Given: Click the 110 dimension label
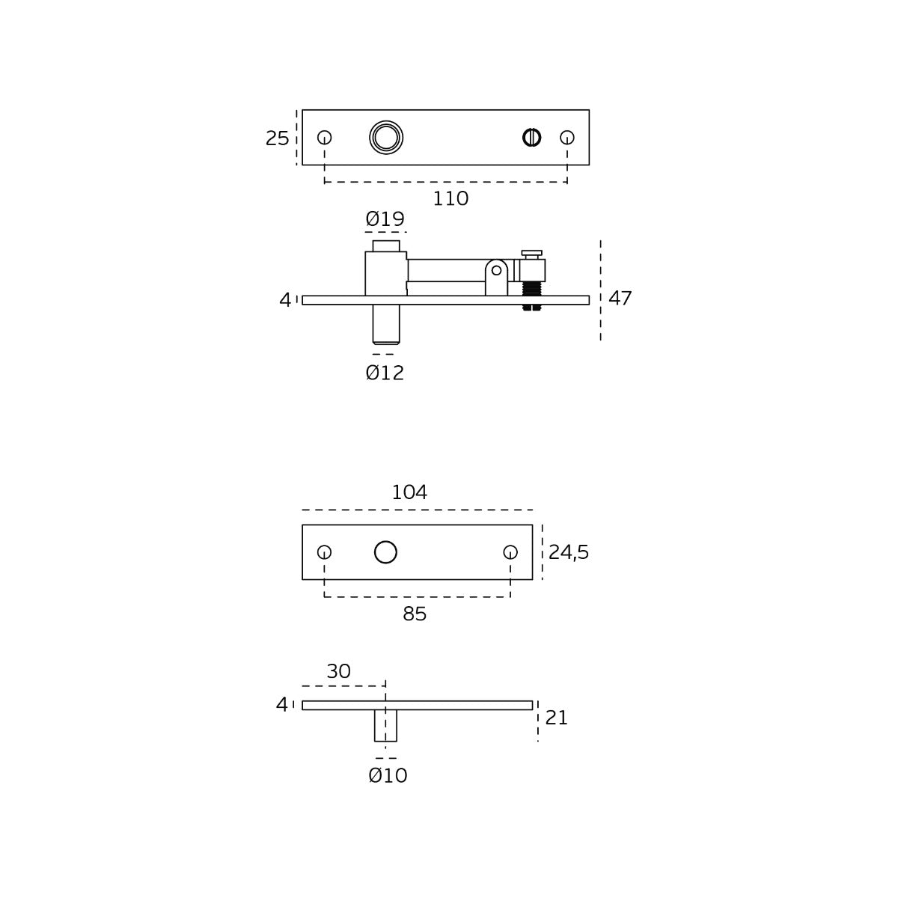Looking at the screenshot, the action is (x=450, y=199).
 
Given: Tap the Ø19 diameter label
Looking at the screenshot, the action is (x=385, y=219).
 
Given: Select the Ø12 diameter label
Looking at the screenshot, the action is (x=385, y=373).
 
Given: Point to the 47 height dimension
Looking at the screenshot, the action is (x=620, y=299).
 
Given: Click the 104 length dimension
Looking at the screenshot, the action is (x=409, y=492).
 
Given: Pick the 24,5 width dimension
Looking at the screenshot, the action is (x=569, y=553).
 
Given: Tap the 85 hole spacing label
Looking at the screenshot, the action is (x=415, y=614).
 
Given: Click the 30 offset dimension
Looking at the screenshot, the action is (x=338, y=671).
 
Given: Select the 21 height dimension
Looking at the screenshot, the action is (x=557, y=718).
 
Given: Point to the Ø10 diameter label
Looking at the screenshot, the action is (x=388, y=776).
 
